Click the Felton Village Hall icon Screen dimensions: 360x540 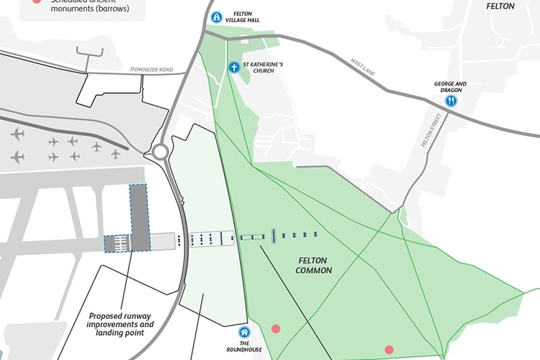(215, 17)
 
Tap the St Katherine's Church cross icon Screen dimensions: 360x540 (233, 68)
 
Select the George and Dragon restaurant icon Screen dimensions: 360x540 (450, 101)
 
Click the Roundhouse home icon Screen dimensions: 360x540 (244, 333)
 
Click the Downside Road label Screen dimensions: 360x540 (152, 70)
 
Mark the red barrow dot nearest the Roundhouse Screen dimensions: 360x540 (275, 329)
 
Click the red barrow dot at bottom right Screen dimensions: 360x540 (389, 350)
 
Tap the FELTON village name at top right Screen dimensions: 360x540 (501, 6)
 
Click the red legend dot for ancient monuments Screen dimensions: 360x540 (36, 2)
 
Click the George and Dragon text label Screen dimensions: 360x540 (450, 87)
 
